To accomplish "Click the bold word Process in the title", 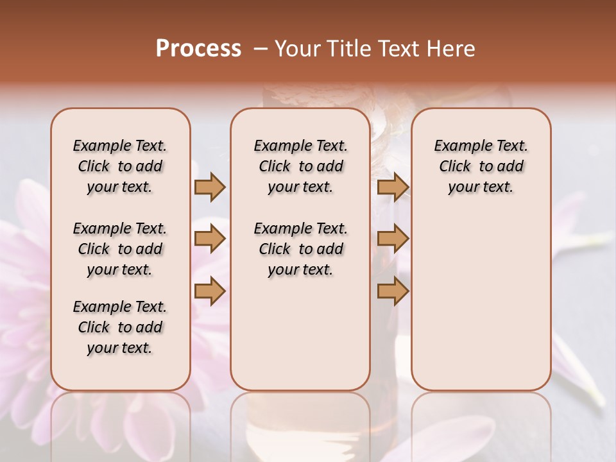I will (x=198, y=49).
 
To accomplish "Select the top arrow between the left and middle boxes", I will (x=210, y=187).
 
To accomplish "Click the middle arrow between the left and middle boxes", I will (x=210, y=239).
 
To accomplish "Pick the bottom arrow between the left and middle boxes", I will (x=210, y=291).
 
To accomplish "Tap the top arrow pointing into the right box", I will (x=393, y=187).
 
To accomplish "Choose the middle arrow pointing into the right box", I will (x=393, y=239).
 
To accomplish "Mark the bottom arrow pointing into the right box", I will (x=393, y=291).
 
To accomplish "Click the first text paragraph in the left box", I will (x=120, y=166).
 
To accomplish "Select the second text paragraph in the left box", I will (x=120, y=249).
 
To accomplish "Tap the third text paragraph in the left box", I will (x=120, y=327).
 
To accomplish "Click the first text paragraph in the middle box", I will (x=300, y=166).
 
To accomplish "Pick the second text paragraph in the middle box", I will (x=300, y=249).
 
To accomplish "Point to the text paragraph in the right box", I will (x=481, y=166).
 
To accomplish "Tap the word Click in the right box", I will (x=455, y=167).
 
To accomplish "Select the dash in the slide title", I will (x=261, y=49).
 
